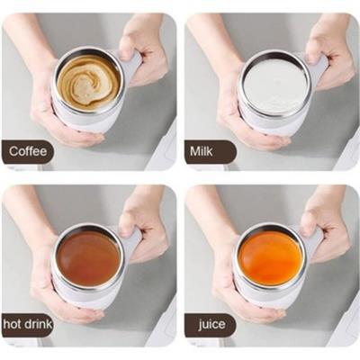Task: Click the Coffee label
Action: coord(28,151)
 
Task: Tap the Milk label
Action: coord(202,151)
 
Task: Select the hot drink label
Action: coord(28,324)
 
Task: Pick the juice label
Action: coord(211,325)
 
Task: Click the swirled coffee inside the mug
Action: coord(88,82)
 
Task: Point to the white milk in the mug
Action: coord(275,85)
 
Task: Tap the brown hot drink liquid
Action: coord(88,258)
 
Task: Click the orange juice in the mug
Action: coord(270,258)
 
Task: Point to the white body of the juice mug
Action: coord(267,295)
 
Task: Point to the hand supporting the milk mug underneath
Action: coord(245,120)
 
